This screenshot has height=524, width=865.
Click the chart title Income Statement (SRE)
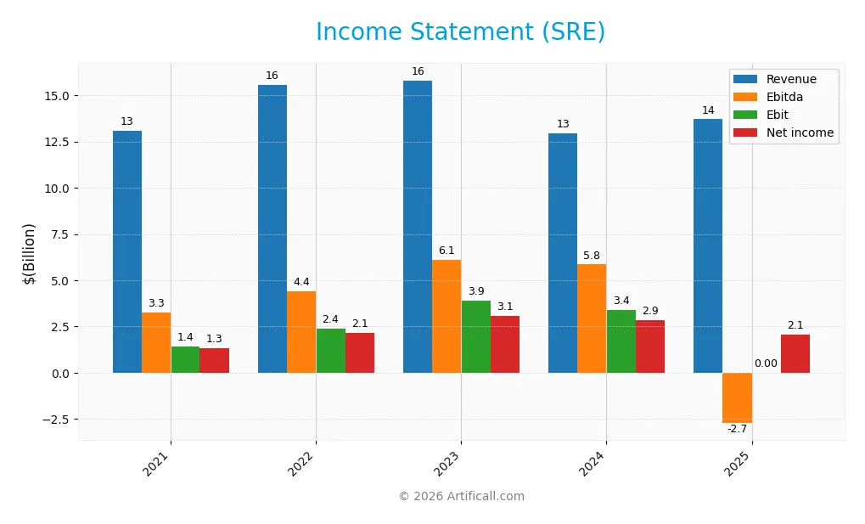[x=460, y=32]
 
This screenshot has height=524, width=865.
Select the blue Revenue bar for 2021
[x=127, y=251]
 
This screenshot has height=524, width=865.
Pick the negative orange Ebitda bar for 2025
[x=737, y=397]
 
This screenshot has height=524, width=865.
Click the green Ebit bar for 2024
[x=621, y=341]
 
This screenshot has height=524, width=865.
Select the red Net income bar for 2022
[x=360, y=352]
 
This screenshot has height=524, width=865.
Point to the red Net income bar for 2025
[x=795, y=353]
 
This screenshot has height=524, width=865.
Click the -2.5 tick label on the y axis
[x=56, y=420]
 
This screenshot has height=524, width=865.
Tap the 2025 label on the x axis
[x=737, y=464]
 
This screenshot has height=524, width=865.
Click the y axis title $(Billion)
[x=30, y=253]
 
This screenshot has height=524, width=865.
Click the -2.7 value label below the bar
[x=736, y=430]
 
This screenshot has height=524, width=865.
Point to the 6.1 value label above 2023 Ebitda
[x=447, y=251]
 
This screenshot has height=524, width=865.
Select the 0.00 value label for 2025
[x=766, y=363]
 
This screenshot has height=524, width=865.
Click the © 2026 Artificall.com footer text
[x=461, y=497]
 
